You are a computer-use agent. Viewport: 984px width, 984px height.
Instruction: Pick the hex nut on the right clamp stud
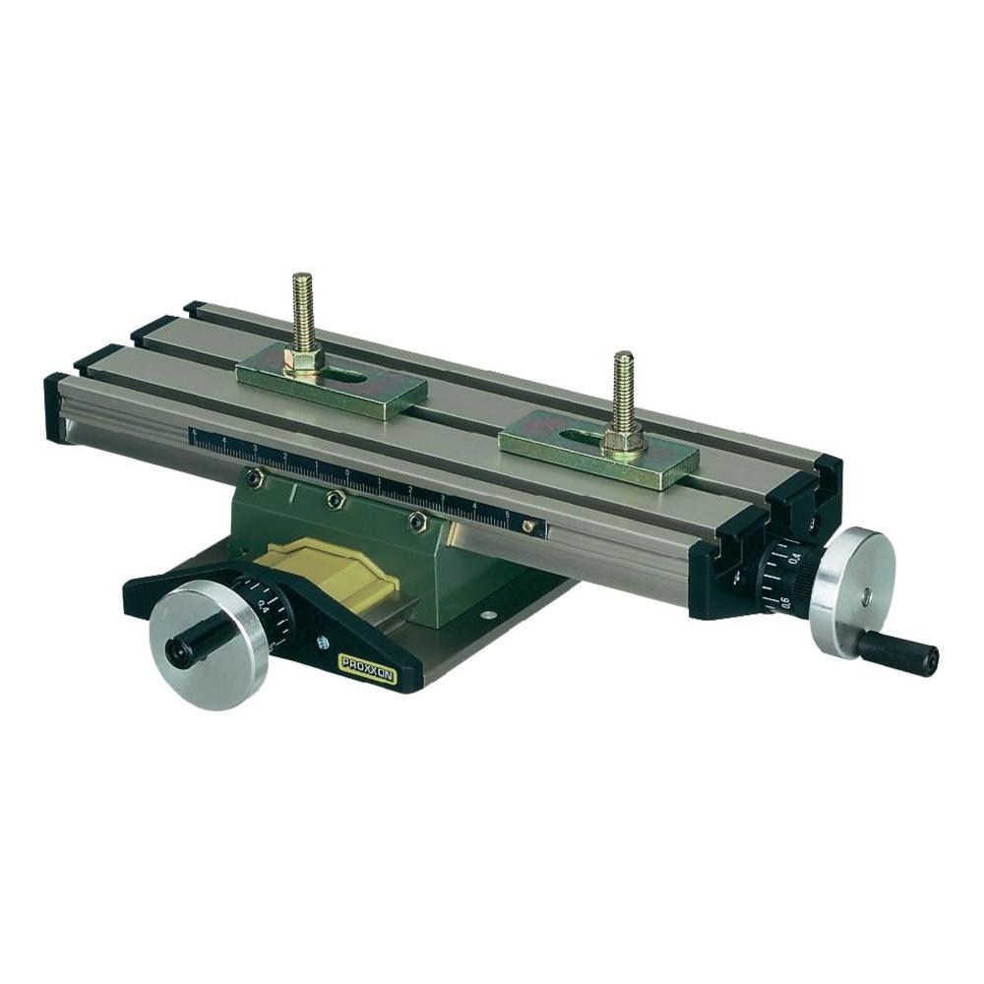[x=622, y=439]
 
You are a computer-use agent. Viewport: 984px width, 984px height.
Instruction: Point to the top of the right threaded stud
[x=623, y=357]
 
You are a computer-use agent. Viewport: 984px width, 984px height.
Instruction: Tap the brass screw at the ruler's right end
[x=528, y=526]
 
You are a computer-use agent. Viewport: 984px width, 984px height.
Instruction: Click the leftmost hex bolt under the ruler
[x=255, y=477]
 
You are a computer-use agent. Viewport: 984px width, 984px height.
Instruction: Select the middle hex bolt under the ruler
[x=335, y=500]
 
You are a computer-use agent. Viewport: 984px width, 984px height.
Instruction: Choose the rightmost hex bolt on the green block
[x=417, y=522]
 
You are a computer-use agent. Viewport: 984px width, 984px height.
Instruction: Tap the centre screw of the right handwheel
[x=866, y=594]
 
